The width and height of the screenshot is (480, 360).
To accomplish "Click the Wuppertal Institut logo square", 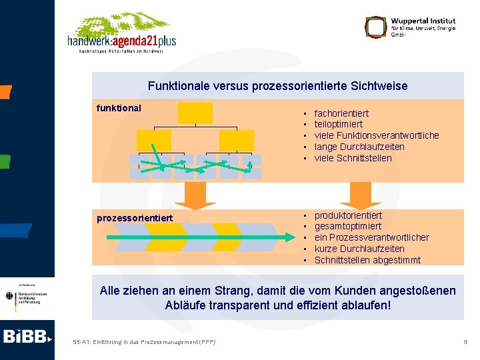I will tap(376, 27).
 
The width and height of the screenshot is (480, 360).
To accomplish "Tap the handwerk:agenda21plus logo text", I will tap(121, 41).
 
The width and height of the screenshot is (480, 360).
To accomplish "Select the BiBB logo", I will tap(27, 337).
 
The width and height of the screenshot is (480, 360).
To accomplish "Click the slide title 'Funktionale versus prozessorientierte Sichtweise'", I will tap(277, 86).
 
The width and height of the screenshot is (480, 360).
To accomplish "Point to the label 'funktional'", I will tap(119, 107).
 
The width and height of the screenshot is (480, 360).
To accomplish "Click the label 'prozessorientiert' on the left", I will tap(135, 218).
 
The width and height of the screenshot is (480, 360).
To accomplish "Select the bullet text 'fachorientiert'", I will tap(341, 113).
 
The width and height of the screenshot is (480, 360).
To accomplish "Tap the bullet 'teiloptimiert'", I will tap(338, 125).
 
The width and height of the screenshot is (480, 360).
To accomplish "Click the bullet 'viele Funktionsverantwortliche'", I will tap(376, 135).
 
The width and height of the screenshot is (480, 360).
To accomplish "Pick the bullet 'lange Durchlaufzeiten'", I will tap(359, 147).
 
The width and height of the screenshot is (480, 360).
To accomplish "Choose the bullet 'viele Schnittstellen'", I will tap(353, 158).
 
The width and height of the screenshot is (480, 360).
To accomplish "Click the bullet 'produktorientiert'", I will tap(348, 215).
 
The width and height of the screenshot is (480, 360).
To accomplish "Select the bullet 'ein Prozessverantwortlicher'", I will tap(371, 237).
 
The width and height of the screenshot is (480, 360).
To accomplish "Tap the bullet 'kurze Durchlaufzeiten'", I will tap(359, 249).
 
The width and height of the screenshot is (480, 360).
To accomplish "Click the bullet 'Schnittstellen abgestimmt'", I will tap(367, 260).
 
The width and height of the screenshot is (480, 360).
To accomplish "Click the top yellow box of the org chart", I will tap(195, 113).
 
